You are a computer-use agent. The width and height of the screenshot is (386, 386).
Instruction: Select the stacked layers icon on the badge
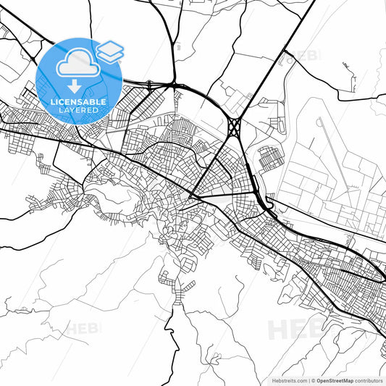[109, 51]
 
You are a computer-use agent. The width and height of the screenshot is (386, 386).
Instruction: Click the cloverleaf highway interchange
[234, 127]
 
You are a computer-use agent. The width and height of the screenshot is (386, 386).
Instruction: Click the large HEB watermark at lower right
[293, 330]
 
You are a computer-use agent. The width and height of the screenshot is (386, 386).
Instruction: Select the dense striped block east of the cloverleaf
[269, 158]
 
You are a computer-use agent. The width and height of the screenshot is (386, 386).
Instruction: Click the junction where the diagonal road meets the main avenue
[191, 195]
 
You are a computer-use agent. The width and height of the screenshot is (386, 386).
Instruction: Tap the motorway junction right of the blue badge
[174, 85]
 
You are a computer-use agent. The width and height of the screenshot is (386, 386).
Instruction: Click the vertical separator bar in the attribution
[311, 380]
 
